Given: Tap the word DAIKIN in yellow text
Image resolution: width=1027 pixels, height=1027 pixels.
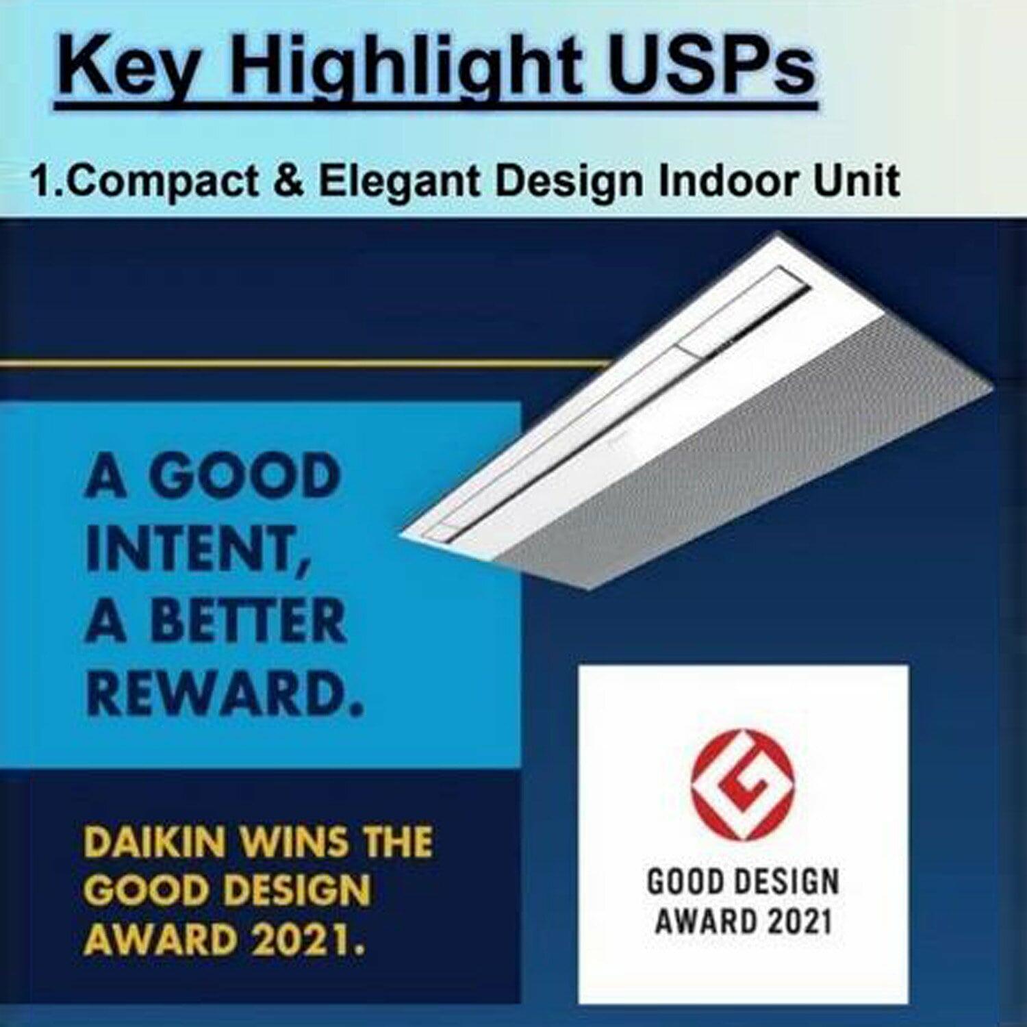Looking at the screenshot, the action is (155, 841).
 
